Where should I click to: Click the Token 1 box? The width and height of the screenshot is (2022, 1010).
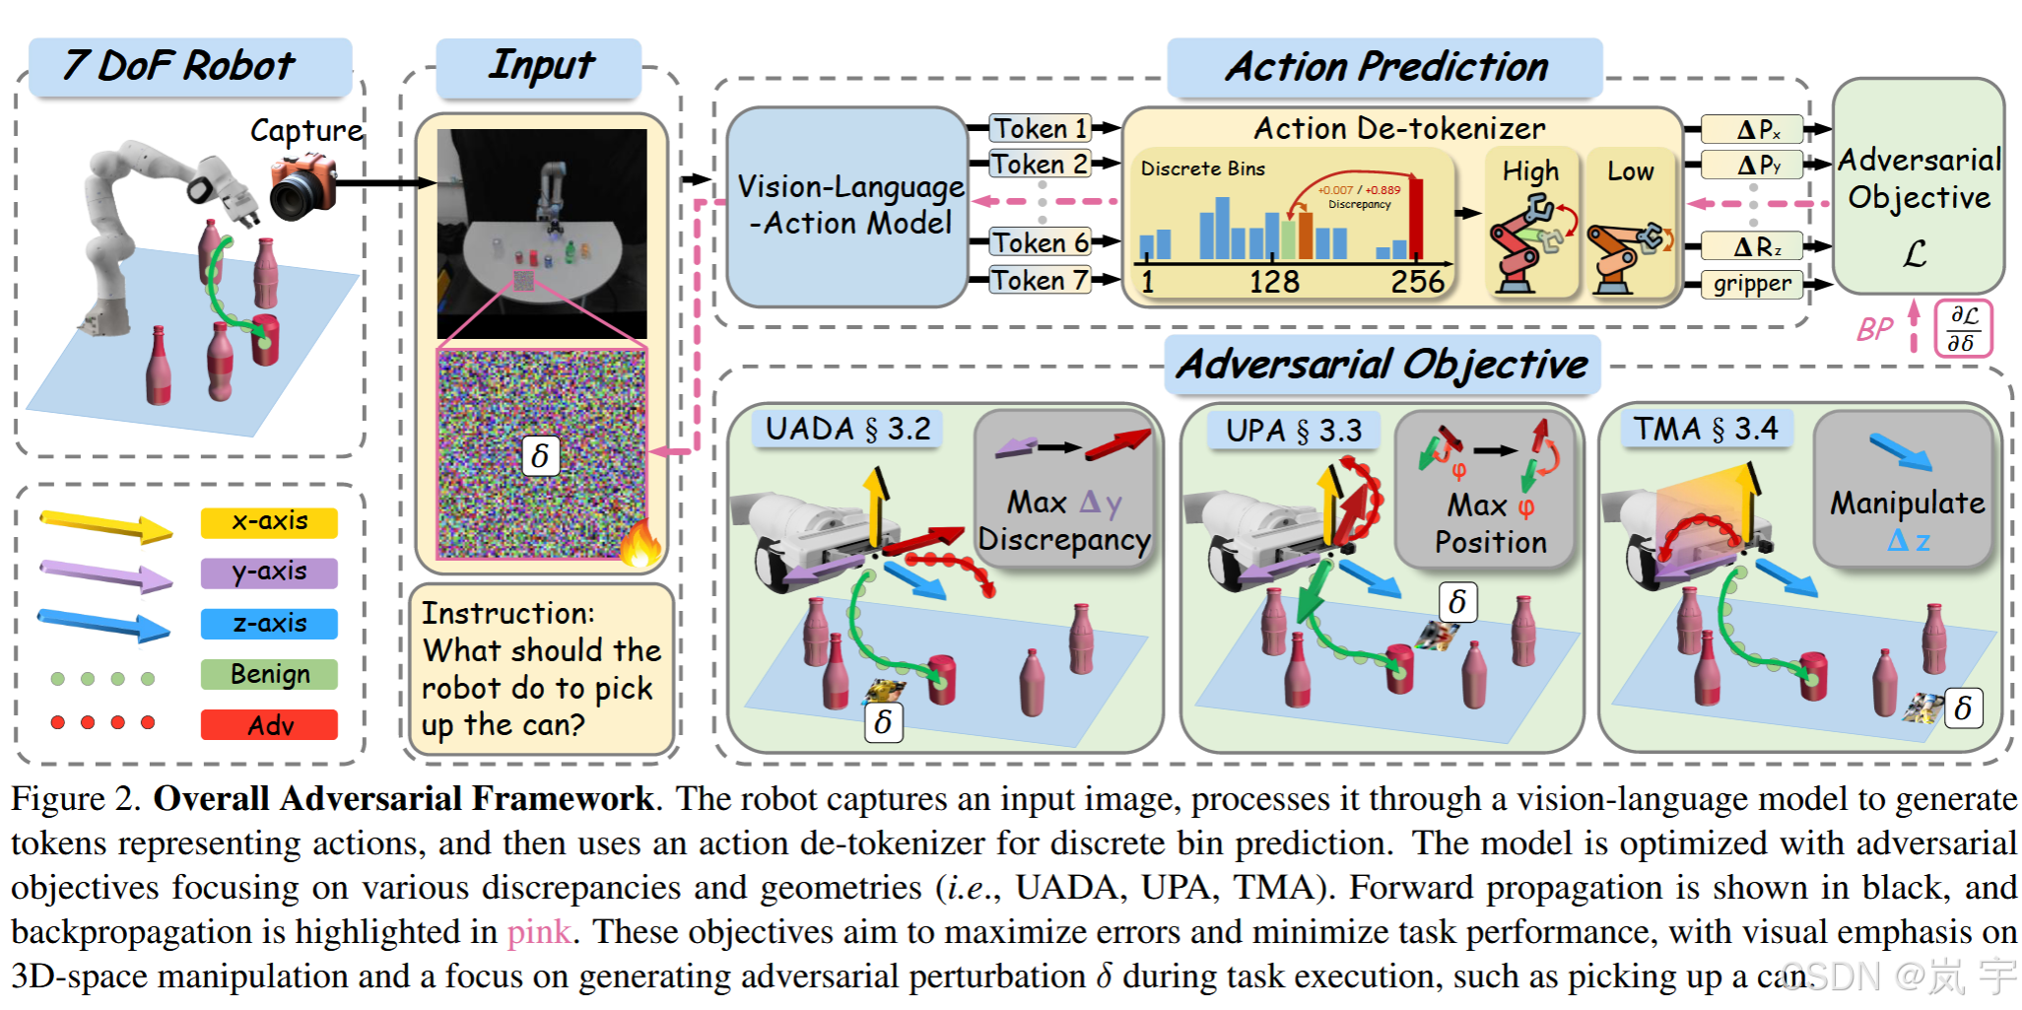coord(1041,128)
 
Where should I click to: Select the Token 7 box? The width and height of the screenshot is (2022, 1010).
coord(1041,280)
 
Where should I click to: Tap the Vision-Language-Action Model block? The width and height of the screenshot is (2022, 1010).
coord(847,206)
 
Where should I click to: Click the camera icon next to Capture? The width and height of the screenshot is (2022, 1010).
coord(303,187)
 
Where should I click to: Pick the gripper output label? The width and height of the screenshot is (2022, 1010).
coord(1751,284)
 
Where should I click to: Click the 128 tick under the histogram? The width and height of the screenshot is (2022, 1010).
coord(1274,283)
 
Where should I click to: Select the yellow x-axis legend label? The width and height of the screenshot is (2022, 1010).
coord(269,521)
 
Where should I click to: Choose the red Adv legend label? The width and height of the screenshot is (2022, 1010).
coord(269,725)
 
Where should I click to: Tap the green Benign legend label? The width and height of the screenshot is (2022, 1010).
coord(269,674)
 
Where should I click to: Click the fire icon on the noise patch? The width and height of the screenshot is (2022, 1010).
coord(640,541)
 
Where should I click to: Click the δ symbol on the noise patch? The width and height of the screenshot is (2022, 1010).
coord(540,456)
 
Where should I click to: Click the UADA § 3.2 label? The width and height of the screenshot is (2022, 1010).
coord(847,429)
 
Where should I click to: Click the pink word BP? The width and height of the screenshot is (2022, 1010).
coord(1873,329)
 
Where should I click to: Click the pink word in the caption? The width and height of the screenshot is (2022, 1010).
coord(538,932)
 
